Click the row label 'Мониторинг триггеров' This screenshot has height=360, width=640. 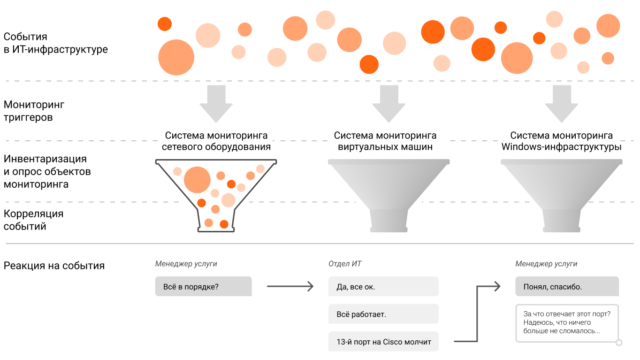(x=34, y=111)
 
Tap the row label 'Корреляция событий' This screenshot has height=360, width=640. (x=33, y=220)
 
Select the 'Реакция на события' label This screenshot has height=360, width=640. (x=54, y=266)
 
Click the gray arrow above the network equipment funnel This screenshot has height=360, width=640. (x=216, y=104)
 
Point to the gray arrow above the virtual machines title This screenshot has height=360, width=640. (x=389, y=104)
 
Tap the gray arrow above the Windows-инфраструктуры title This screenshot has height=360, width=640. (x=562, y=104)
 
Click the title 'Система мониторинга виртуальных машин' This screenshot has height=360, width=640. (x=385, y=141)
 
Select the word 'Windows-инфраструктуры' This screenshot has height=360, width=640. (x=562, y=147)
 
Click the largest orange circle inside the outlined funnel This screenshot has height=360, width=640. (x=197, y=180)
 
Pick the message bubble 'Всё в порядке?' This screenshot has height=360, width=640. (x=204, y=286)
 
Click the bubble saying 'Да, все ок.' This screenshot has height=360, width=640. (x=383, y=286)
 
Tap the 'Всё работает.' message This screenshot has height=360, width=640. (x=383, y=314)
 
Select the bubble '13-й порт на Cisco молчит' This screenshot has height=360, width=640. (x=383, y=341)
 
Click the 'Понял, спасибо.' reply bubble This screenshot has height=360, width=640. (x=567, y=286)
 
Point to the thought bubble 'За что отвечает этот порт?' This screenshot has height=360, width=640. (x=567, y=323)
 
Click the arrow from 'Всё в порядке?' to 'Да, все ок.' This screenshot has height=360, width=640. (x=290, y=286)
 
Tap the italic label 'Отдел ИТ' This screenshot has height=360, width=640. (x=345, y=264)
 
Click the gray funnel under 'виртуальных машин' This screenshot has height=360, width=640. (x=389, y=196)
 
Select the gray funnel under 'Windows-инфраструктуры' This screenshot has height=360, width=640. (x=562, y=196)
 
